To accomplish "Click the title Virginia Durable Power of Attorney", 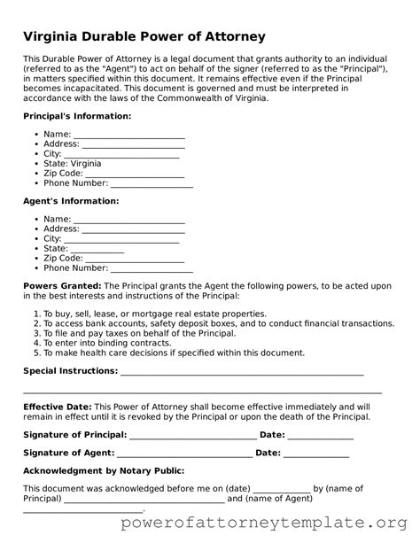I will tap(144, 36).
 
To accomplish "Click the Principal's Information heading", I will tap(72, 117).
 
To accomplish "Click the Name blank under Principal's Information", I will tap(129, 135).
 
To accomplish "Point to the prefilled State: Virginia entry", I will tap(72, 164).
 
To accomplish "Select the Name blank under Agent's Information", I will tap(129, 219).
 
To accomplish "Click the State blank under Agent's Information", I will tap(97, 249).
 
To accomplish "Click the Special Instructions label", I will tap(69, 371).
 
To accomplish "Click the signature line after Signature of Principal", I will tap(193, 435).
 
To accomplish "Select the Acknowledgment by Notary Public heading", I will tap(103, 470).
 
